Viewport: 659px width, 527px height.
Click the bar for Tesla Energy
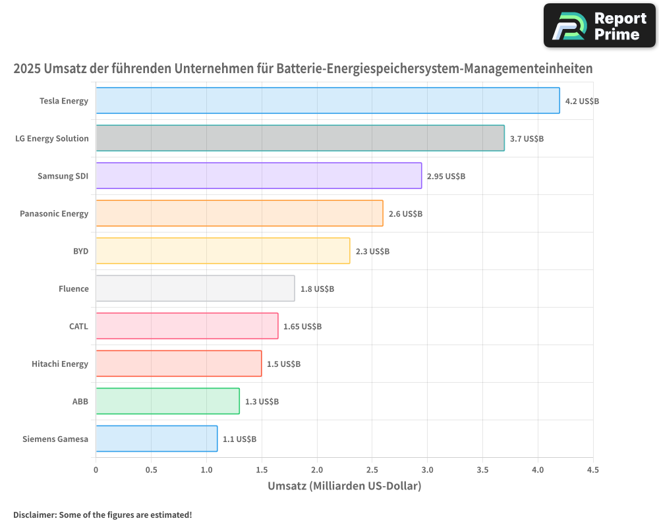point(328,101)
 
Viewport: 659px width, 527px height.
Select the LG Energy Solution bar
point(300,138)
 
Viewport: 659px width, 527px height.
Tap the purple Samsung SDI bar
point(258,176)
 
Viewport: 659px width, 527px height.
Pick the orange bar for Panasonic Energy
point(239,213)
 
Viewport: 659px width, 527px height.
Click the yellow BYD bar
point(223,251)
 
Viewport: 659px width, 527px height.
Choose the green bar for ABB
point(167,401)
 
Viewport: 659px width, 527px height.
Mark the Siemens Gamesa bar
point(156,439)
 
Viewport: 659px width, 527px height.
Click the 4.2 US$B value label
point(582,101)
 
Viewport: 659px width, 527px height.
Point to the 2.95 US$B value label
point(446,177)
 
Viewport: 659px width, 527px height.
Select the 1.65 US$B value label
point(302,327)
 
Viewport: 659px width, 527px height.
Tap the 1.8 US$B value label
point(317,289)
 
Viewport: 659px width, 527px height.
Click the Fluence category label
point(73,289)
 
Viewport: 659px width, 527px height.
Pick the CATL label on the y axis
point(78,326)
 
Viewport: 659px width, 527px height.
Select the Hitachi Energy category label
point(60,364)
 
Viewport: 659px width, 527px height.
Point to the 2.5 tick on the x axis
point(372,470)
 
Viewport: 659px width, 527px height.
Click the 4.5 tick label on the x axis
point(592,470)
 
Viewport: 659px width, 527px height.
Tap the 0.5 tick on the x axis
point(152,470)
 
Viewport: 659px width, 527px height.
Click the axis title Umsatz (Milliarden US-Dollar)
point(344,486)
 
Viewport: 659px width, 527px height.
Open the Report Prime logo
point(599,26)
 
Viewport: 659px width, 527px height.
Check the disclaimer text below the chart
point(103,514)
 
